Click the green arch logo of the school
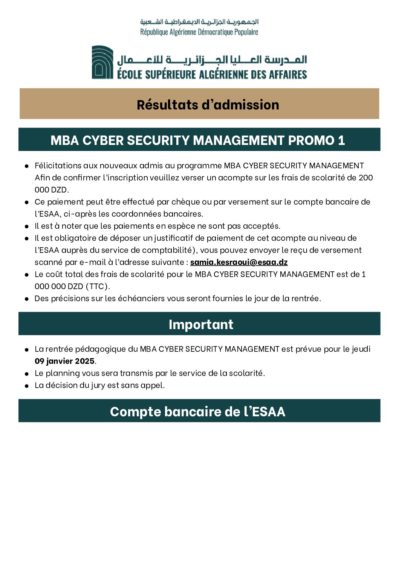pos(102,62)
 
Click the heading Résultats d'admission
pos(208,105)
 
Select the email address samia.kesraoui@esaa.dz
pos(239,262)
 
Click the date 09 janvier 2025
pos(64,361)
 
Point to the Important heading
pos(201,325)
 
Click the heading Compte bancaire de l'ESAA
pos(197,411)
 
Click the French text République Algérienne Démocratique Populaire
pos(199,32)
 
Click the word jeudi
pos(361,349)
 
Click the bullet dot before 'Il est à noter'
pos(27,226)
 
